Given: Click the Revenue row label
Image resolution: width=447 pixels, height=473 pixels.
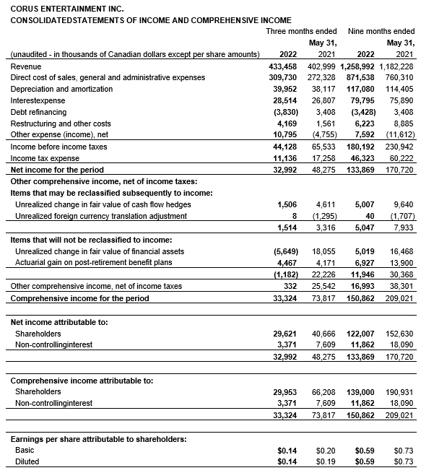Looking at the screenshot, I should (x=26, y=66).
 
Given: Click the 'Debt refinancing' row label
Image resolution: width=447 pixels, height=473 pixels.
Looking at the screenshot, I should (x=39, y=112).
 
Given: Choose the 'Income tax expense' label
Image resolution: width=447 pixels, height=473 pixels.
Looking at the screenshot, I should (x=45, y=158).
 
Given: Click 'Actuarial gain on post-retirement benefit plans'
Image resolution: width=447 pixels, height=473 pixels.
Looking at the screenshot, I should (x=94, y=262).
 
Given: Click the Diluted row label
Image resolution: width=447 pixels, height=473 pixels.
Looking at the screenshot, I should (x=27, y=461).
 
